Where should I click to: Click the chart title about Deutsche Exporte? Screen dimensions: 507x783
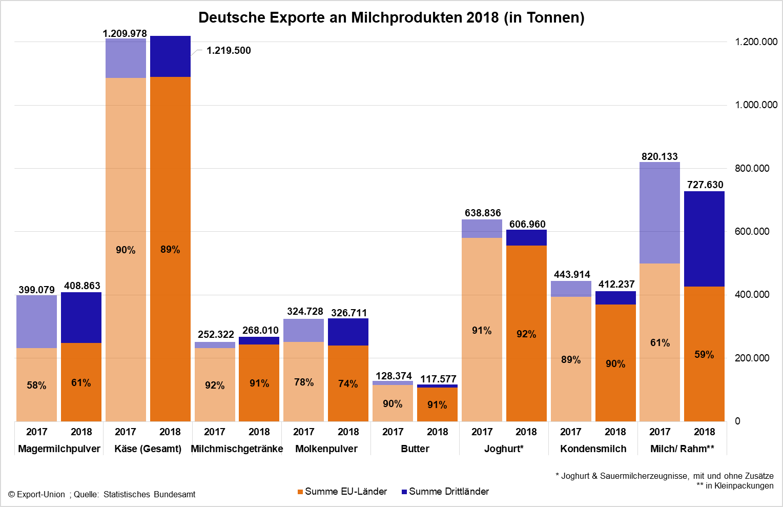(x=391, y=17)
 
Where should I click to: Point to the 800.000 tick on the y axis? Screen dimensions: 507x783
(x=752, y=168)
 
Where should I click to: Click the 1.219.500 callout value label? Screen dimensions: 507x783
(x=229, y=51)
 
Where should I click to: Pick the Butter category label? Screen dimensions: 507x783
(x=415, y=449)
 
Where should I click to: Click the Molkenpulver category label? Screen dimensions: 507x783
(x=326, y=449)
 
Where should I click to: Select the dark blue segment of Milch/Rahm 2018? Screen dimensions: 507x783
(x=704, y=238)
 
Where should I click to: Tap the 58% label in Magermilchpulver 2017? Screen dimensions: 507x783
(x=36, y=385)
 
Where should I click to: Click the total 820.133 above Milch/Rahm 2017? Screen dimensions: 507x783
(x=660, y=156)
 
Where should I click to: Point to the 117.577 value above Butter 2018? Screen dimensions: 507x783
(x=438, y=379)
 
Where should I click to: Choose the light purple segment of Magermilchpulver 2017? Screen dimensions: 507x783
(x=36, y=321)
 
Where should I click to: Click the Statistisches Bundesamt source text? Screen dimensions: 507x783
(x=149, y=495)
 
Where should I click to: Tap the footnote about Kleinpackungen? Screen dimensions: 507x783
(x=735, y=485)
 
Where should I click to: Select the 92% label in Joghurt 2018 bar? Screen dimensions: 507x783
(x=526, y=334)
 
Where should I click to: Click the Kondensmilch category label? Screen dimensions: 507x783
(x=593, y=449)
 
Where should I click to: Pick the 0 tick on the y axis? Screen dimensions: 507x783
(x=737, y=421)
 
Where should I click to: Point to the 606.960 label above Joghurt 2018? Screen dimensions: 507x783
(x=527, y=224)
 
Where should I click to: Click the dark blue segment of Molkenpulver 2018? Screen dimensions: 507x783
(x=348, y=332)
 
